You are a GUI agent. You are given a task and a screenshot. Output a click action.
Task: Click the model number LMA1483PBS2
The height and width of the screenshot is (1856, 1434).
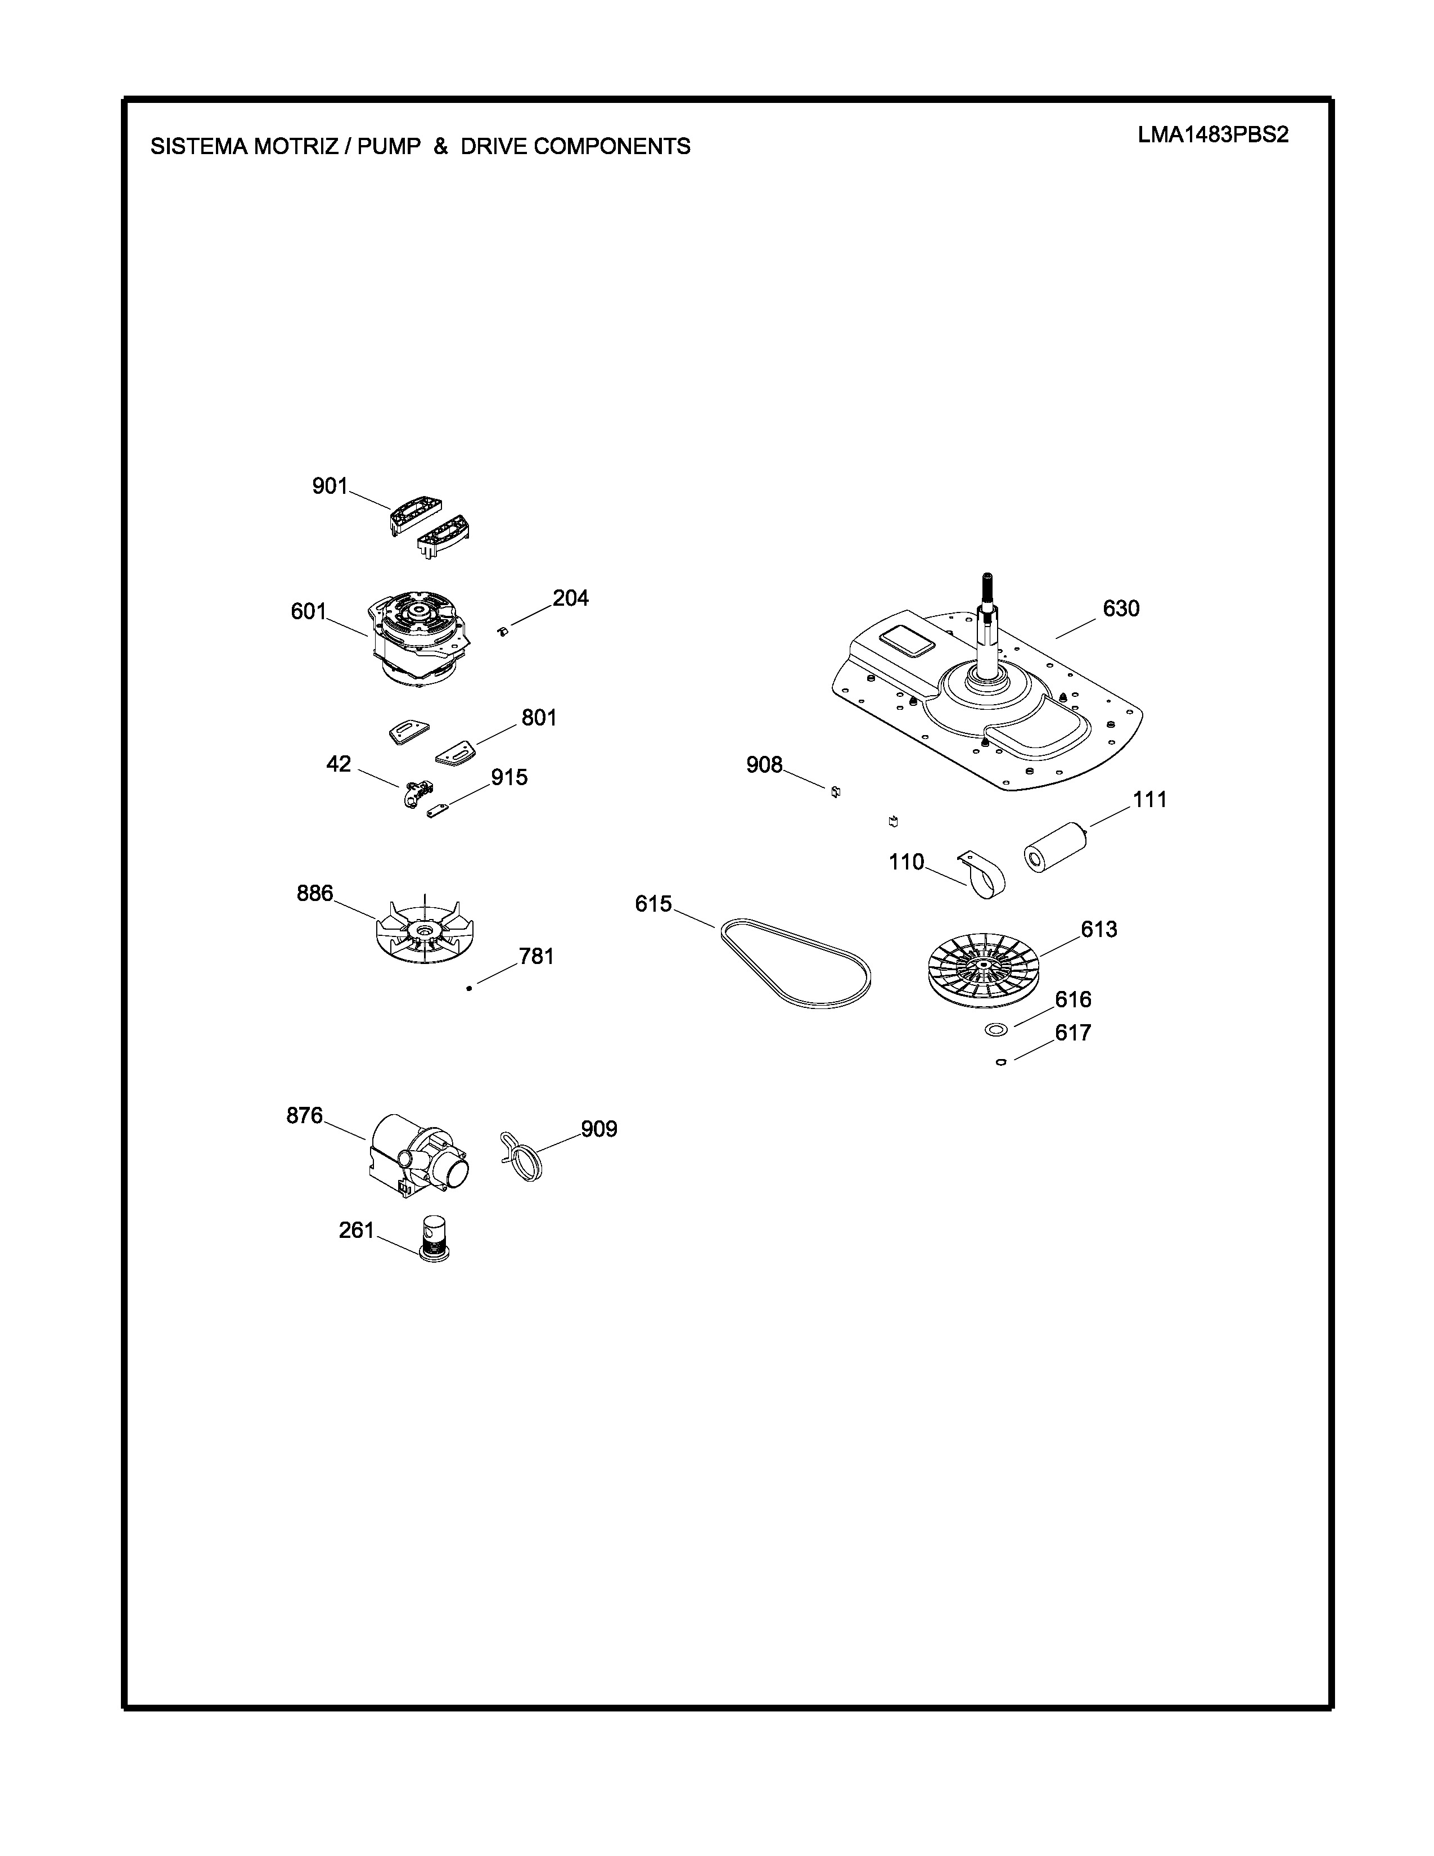pos(1213,136)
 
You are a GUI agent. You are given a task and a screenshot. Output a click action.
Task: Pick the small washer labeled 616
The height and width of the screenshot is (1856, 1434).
pos(995,1030)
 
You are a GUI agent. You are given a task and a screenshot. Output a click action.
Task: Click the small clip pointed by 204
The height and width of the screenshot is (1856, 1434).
pos(502,630)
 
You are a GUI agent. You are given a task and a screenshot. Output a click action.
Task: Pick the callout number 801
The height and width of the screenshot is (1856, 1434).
pos(539,718)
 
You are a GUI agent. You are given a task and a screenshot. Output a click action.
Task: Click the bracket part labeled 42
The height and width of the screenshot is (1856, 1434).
pos(416,794)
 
